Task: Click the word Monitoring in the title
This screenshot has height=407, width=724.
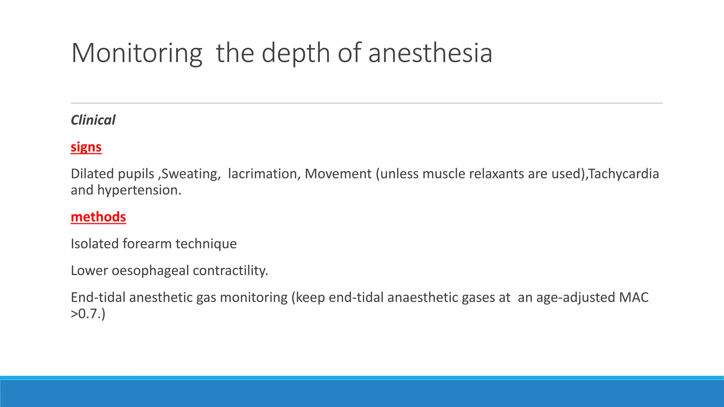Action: (x=136, y=53)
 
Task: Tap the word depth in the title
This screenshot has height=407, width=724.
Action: (x=296, y=53)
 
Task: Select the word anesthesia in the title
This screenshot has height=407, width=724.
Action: (x=430, y=53)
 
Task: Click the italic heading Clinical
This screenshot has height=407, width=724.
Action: (x=93, y=120)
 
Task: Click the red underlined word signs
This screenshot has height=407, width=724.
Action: (x=86, y=147)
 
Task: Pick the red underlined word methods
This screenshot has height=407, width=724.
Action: (x=98, y=217)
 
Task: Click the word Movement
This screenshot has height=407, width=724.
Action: (x=338, y=174)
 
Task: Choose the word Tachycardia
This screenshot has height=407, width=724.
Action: (x=624, y=174)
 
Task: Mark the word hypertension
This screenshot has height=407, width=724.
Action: (x=139, y=190)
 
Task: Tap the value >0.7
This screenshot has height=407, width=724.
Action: (x=85, y=314)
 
